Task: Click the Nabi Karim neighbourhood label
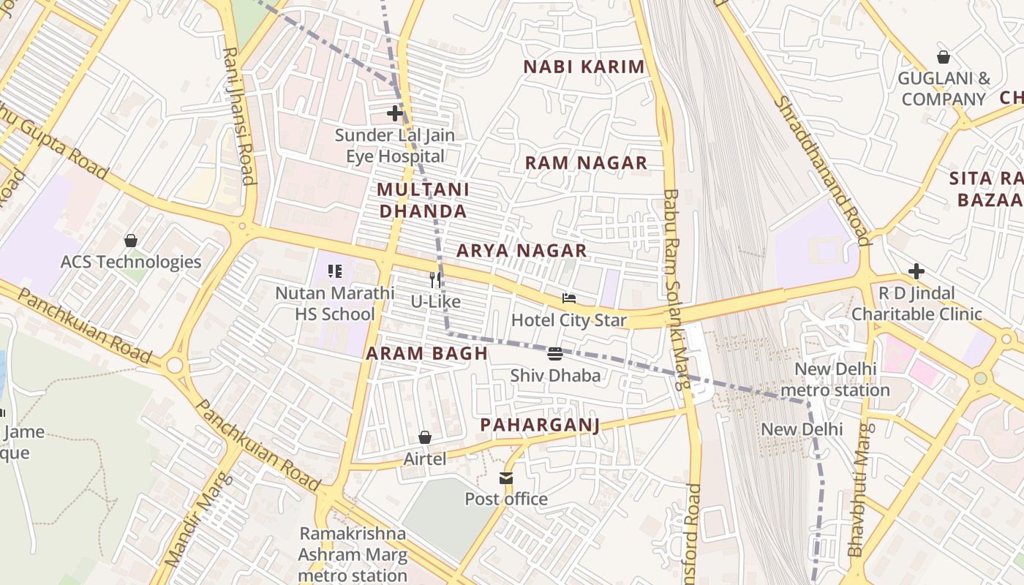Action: (x=584, y=67)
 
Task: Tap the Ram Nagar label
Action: (x=587, y=163)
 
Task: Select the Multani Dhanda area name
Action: (x=422, y=200)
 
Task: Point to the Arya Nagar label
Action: (x=522, y=251)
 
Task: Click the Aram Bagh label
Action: (x=426, y=354)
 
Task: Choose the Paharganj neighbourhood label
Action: (x=540, y=426)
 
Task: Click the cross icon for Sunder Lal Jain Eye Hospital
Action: (x=395, y=113)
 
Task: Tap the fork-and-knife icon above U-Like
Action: (x=435, y=279)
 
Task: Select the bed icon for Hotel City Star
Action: (x=569, y=298)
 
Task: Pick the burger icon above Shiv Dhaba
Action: (x=555, y=354)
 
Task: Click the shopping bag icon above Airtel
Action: (x=425, y=437)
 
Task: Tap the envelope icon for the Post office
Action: (x=506, y=478)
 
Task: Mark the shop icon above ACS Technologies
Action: (x=131, y=240)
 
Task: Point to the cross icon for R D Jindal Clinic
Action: (x=916, y=272)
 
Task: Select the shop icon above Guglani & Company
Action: (x=944, y=57)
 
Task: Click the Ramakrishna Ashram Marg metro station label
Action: (x=353, y=554)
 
